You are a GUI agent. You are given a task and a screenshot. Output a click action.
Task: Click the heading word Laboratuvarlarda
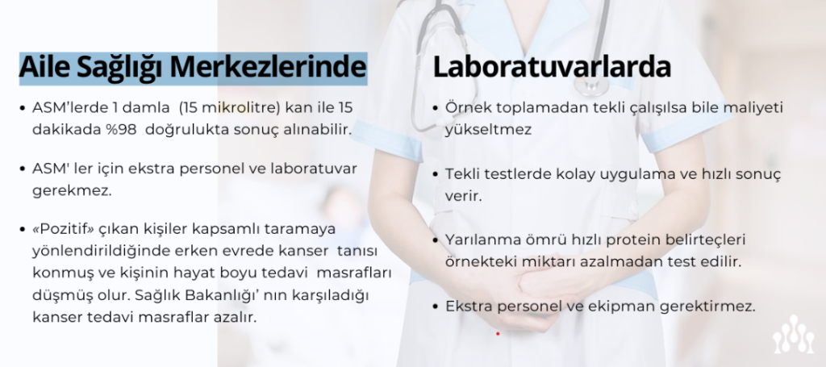coord(552,68)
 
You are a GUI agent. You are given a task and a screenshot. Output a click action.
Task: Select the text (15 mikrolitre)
coord(229,107)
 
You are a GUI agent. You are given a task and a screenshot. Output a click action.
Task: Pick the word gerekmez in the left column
coord(72,190)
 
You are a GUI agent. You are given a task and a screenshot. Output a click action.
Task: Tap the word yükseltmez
coord(488,130)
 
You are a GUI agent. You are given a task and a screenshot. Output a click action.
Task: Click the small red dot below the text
coord(497,333)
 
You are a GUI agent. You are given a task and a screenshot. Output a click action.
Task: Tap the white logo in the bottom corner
coord(794,335)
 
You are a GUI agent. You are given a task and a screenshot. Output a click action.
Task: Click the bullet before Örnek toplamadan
coord(435,108)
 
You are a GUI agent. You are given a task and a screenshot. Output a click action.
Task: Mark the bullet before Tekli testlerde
coord(435,174)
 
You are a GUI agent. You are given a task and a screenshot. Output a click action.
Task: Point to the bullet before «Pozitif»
coord(22,230)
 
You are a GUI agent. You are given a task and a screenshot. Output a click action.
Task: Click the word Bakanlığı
coord(223,295)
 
